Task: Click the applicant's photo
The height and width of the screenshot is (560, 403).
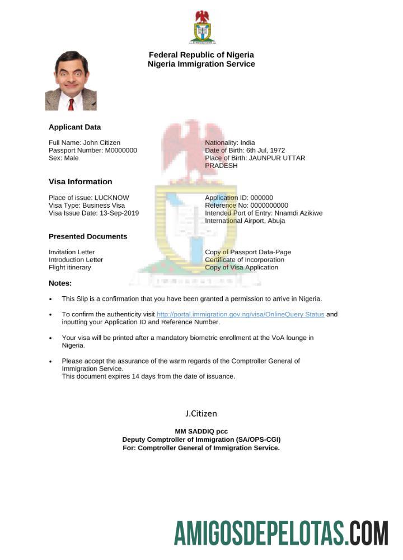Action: point(71,81)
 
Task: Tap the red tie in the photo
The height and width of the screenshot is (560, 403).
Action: point(71,104)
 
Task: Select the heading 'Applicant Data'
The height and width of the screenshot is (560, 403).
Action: point(74,127)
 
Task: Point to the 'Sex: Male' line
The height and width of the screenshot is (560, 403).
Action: point(64,158)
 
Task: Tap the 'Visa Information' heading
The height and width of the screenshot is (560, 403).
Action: point(80,181)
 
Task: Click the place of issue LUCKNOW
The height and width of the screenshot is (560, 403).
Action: point(111,198)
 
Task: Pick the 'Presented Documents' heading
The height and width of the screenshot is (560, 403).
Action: point(88,236)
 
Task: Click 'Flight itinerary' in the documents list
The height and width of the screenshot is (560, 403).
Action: point(70,268)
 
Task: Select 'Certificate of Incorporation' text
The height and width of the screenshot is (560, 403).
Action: point(245,260)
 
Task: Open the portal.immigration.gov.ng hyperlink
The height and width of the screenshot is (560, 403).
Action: point(240,314)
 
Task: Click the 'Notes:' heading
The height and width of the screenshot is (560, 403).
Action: point(60,283)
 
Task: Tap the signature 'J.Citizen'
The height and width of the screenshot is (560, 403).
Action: point(201,413)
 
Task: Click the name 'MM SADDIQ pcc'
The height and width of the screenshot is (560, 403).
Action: point(201,431)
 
